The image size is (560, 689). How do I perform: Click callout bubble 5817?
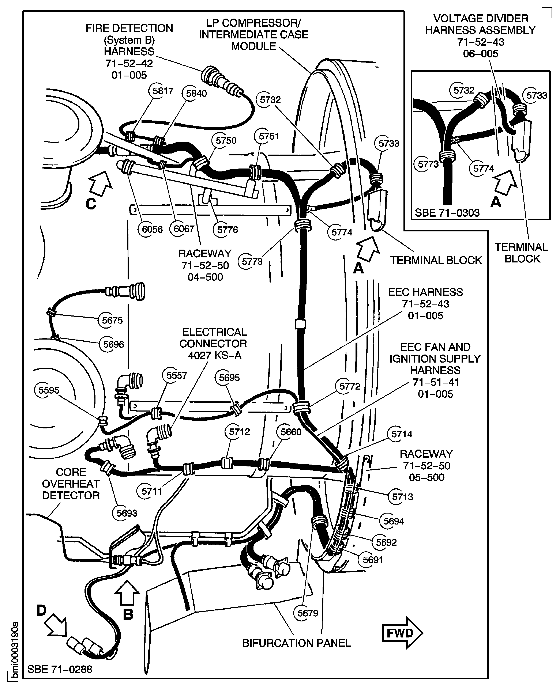click(163, 91)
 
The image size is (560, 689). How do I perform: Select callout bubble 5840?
click(196, 94)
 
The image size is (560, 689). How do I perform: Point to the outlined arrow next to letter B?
click(127, 593)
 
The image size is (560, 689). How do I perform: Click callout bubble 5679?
click(307, 613)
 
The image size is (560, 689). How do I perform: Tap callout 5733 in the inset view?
click(537, 95)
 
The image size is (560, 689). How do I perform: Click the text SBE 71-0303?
click(447, 213)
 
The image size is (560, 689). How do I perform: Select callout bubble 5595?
click(49, 390)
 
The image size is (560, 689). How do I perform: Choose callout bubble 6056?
click(152, 229)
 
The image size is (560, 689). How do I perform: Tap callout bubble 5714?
click(402, 434)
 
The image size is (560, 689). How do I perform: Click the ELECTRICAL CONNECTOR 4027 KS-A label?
click(213, 344)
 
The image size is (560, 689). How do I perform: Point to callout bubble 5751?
click(268, 136)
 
